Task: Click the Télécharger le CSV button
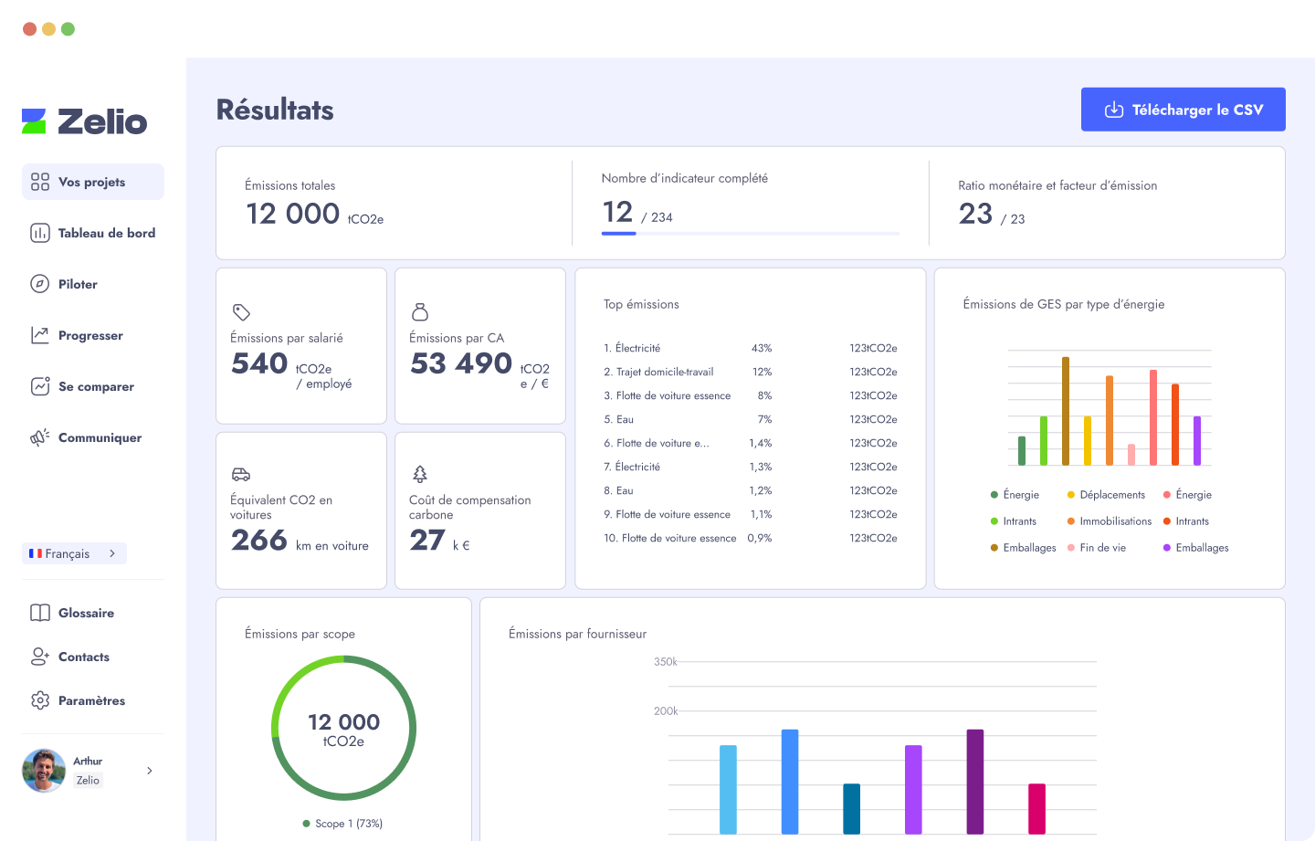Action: [x=1183, y=110]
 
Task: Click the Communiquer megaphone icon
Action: [x=40, y=437]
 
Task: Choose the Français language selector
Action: [x=74, y=553]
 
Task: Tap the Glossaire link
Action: [x=86, y=613]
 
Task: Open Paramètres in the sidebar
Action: [x=91, y=700]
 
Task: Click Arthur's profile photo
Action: [x=44, y=771]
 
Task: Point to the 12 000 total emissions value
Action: [x=292, y=214]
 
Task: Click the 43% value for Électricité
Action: [x=762, y=348]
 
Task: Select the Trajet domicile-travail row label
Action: [x=665, y=372]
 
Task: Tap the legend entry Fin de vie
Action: [x=1102, y=548]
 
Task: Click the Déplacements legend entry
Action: [x=1111, y=495]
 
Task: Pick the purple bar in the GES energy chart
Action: [x=1197, y=440]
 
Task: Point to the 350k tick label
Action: [x=665, y=662]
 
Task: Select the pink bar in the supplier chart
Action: [x=1036, y=808]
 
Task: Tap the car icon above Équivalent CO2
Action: [x=241, y=474]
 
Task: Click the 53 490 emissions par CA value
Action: [x=461, y=363]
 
